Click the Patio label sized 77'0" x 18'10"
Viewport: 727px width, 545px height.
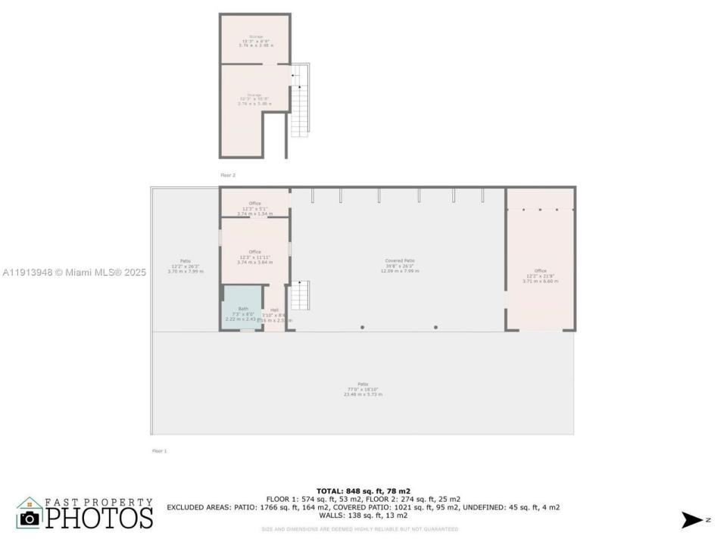[x=363, y=389]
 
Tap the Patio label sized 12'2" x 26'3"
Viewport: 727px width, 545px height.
[x=185, y=266]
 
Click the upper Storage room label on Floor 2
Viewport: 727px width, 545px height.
[x=254, y=41]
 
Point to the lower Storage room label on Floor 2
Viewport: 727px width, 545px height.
[x=254, y=99]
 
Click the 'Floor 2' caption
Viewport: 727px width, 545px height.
[x=228, y=175]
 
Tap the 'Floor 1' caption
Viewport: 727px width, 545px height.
[x=159, y=451]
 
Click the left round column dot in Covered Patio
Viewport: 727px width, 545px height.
[x=362, y=327]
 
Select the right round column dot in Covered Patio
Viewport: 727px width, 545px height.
[x=435, y=327]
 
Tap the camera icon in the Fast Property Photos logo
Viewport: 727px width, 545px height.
[x=30, y=517]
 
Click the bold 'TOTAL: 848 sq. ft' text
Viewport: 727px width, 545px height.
[x=363, y=491]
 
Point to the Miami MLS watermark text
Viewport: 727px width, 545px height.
[x=74, y=272]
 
